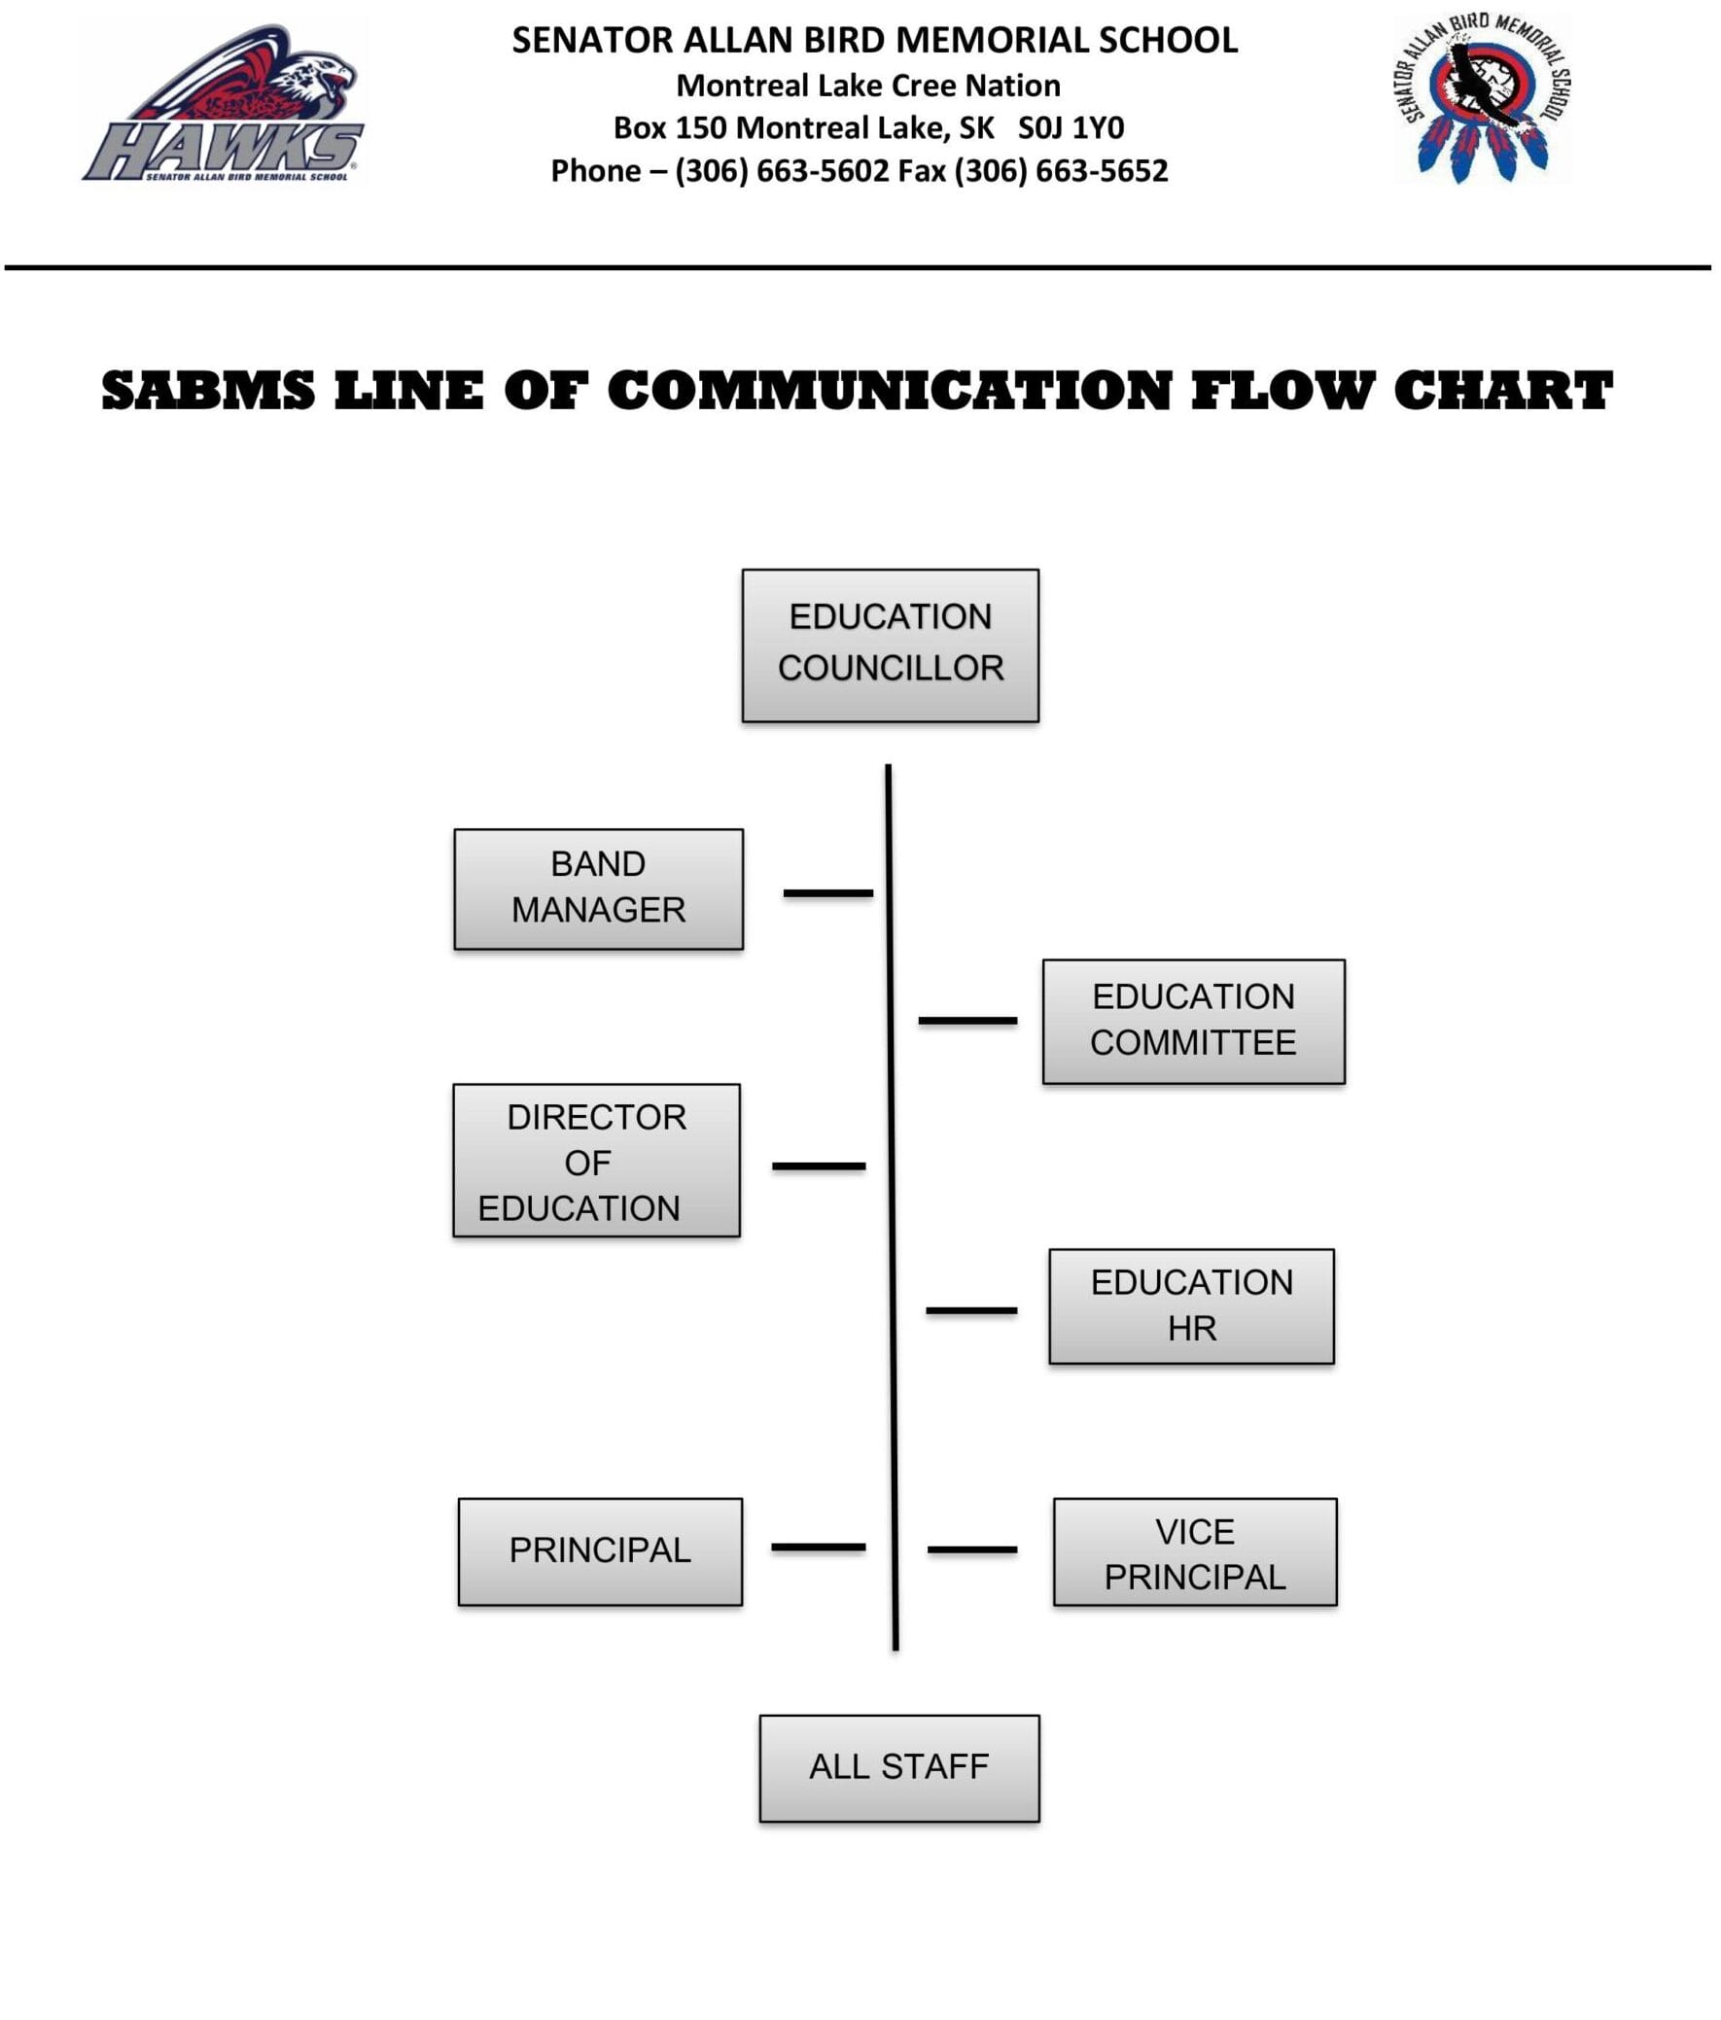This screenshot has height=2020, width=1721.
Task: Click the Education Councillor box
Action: [x=890, y=645]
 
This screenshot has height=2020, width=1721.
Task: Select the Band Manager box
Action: [x=598, y=888]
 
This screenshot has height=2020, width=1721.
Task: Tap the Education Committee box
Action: [x=1192, y=1021]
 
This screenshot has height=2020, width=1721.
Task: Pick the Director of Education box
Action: [x=596, y=1160]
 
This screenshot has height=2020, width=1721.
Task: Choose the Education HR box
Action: [x=1190, y=1306]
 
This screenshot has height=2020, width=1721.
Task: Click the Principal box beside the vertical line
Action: [x=600, y=1551]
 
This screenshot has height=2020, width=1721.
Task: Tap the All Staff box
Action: [x=898, y=1767]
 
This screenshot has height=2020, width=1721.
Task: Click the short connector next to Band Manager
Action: [x=826, y=893]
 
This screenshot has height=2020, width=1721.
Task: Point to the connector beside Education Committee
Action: [x=966, y=1021]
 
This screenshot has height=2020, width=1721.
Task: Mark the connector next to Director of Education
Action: [x=818, y=1166]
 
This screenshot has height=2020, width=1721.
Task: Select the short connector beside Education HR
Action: [x=970, y=1310]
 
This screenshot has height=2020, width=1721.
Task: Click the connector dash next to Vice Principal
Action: [x=971, y=1550]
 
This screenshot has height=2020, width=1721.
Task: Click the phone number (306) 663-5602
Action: [x=781, y=172]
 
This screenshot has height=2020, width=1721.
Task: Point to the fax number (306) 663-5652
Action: [x=1060, y=172]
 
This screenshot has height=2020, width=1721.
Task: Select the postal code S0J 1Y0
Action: [x=1070, y=127]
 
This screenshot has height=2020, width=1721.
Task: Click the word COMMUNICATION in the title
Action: [x=889, y=391]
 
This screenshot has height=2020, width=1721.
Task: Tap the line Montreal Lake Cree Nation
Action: [x=868, y=86]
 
